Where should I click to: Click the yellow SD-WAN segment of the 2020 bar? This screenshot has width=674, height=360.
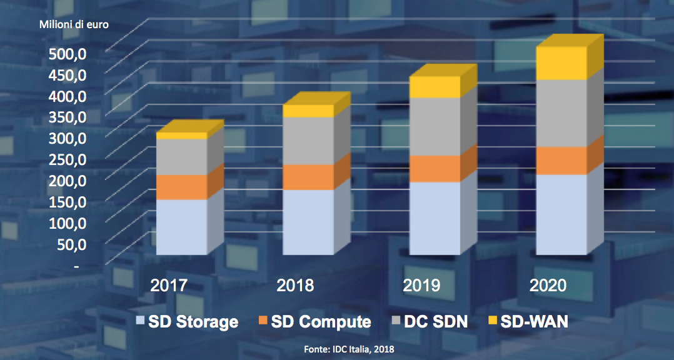click(x=561, y=63)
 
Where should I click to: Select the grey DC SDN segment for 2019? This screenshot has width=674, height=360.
click(x=435, y=126)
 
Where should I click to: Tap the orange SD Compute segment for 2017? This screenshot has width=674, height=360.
click(x=181, y=187)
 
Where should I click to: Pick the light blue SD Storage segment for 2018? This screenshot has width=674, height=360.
click(x=308, y=222)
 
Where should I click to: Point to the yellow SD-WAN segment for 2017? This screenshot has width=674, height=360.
click(x=181, y=135)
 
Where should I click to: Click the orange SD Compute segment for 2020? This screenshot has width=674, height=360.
click(x=561, y=161)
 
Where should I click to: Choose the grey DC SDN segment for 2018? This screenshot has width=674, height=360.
click(x=308, y=141)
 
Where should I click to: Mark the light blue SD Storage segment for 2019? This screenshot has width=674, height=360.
click(x=435, y=218)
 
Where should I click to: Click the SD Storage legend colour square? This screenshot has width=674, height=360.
click(x=140, y=322)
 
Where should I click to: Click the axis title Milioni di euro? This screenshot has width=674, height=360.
click(x=74, y=25)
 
